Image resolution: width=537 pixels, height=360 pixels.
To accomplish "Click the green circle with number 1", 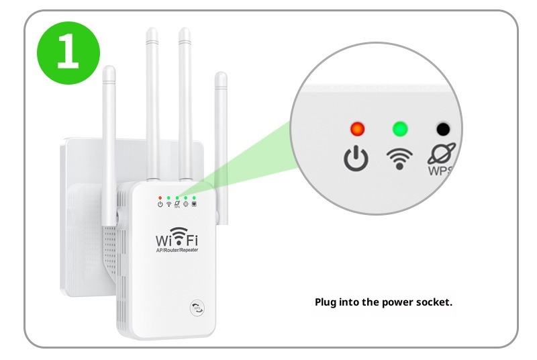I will point(68,52).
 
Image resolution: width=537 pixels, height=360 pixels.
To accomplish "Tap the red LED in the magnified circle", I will point(357,128).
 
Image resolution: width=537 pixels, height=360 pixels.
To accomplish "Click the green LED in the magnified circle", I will point(400,128).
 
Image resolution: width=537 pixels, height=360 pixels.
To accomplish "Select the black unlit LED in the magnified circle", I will point(442,128).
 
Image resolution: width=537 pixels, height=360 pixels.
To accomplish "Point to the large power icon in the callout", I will point(356,158).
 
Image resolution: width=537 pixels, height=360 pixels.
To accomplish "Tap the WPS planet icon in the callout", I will point(441,154).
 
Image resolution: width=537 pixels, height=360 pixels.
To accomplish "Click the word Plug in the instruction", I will point(326,302).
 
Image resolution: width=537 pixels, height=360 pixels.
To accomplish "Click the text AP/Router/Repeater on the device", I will point(178,250).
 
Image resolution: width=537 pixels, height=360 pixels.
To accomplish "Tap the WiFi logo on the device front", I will point(178,238).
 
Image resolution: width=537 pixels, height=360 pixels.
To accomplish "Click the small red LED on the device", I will point(160,198).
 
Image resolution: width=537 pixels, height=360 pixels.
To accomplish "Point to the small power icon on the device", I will point(160,204).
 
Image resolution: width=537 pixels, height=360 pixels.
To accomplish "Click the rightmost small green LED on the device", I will point(194,198).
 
